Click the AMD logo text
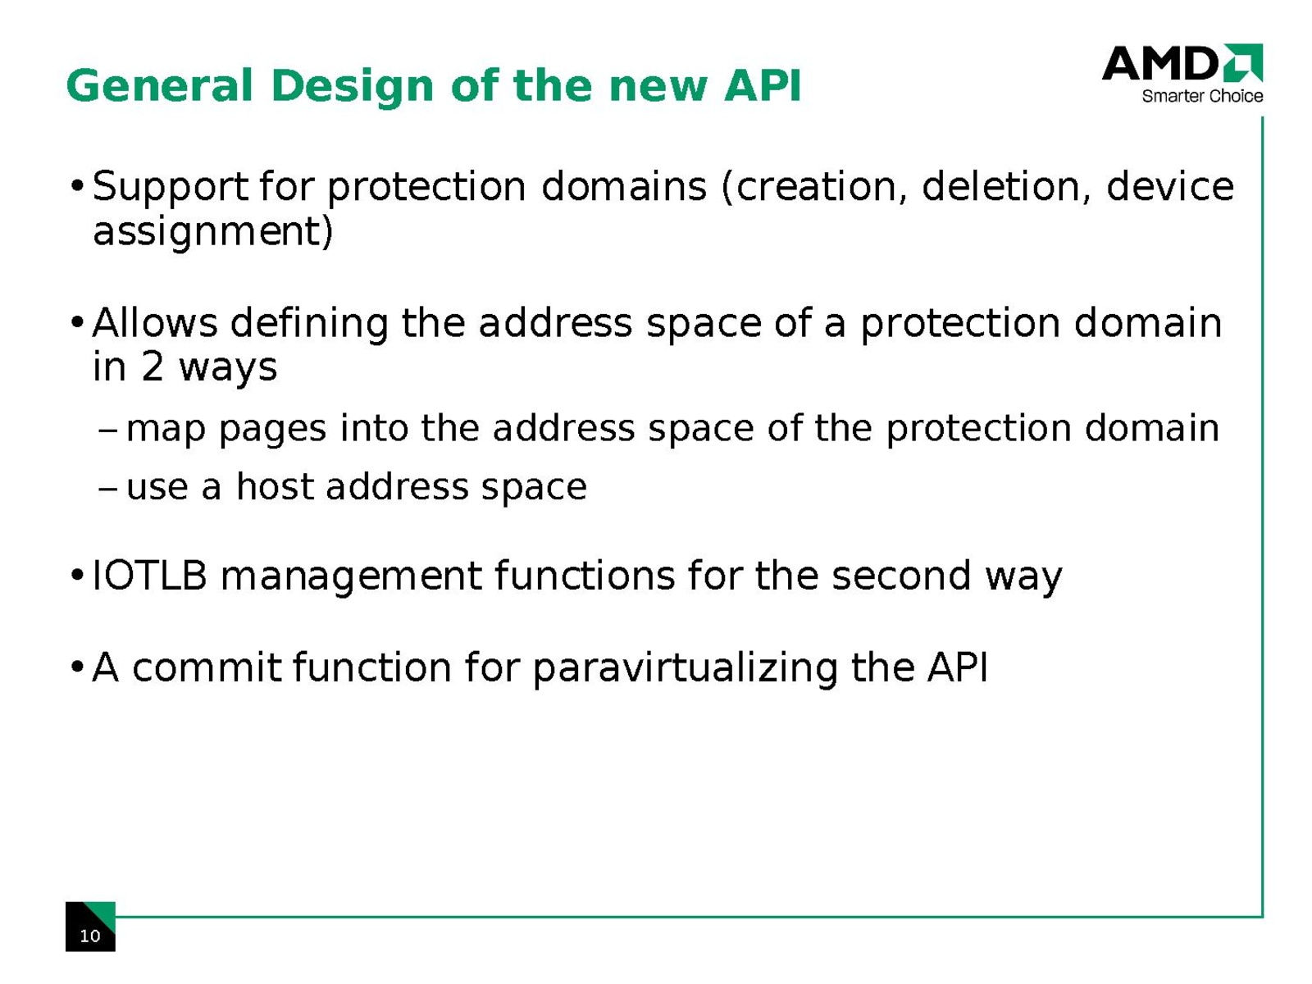(x=1160, y=63)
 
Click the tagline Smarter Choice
(x=1202, y=96)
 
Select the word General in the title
(x=160, y=86)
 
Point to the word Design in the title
(x=353, y=86)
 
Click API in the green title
(x=762, y=86)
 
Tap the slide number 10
(x=89, y=936)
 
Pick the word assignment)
(x=212, y=232)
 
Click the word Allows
(x=155, y=323)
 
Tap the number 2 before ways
(x=153, y=367)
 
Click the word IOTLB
(x=149, y=576)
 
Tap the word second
(x=901, y=576)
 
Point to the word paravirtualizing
(x=685, y=669)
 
